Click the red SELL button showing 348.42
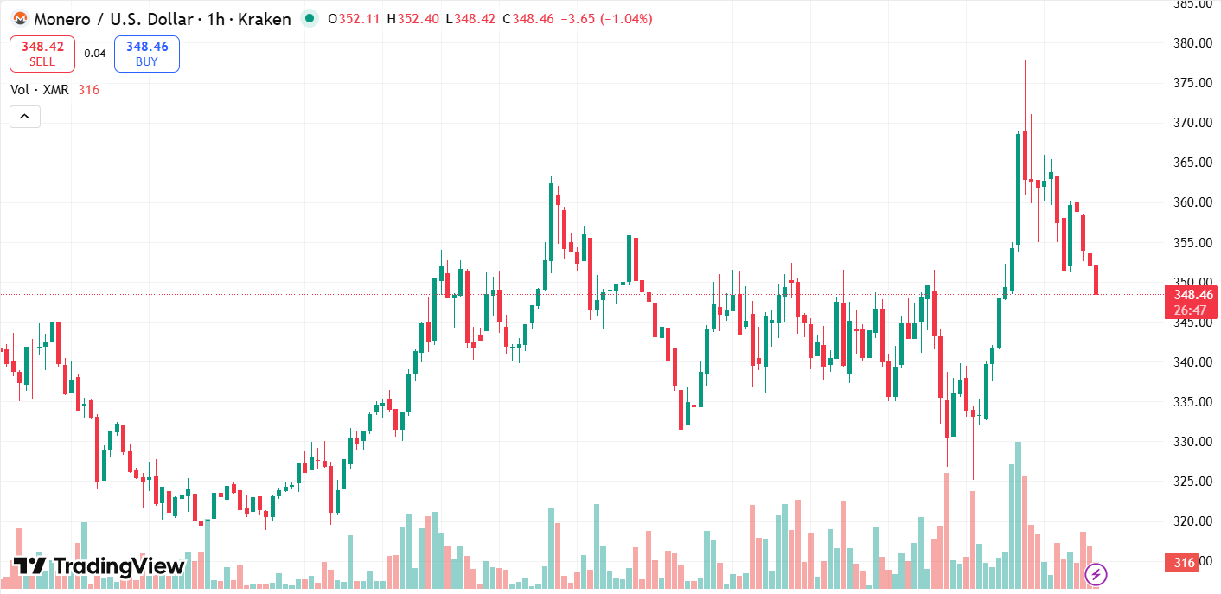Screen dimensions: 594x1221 42,54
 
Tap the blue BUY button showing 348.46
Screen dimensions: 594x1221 146,54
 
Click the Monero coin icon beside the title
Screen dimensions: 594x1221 19,19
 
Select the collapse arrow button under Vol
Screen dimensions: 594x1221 25,117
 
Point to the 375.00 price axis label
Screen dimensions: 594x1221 1191,83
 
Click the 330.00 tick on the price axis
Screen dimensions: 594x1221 1191,442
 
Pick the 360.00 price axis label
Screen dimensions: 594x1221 1191,202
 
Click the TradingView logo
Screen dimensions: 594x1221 99,566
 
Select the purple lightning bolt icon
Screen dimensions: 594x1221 1096,573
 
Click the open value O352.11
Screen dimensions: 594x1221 354,19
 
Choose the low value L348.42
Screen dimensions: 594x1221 470,19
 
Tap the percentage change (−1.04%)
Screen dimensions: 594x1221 622,19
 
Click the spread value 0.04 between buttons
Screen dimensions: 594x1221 95,54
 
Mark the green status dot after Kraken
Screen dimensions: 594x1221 309,18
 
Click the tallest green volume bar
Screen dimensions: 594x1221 1018,515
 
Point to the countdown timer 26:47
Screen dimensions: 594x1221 1191,310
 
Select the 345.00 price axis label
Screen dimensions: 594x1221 1191,323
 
